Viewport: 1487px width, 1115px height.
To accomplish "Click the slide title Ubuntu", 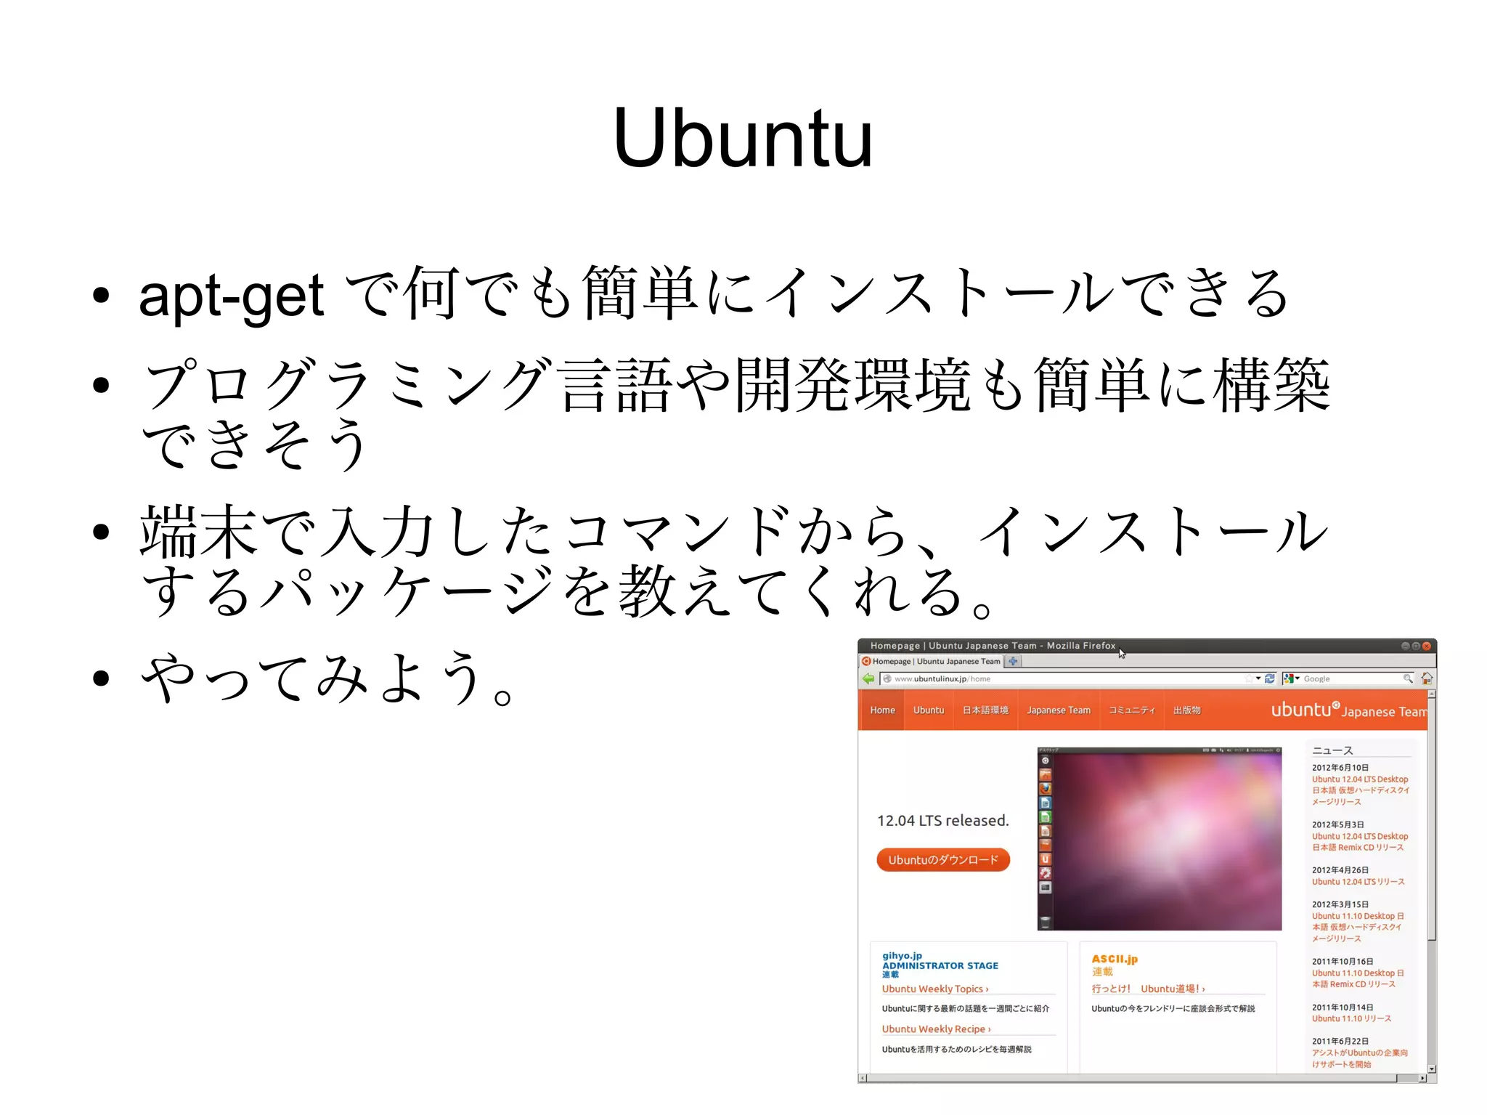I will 742,138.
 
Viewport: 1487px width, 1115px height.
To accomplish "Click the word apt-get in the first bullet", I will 231,296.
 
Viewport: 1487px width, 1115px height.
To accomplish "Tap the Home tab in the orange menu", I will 882,710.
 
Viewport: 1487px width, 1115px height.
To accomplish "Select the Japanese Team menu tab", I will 1058,710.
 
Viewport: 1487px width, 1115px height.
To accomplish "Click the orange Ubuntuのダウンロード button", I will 943,860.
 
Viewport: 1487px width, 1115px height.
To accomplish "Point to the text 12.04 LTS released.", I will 942,821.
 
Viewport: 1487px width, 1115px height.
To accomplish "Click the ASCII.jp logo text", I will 1115,959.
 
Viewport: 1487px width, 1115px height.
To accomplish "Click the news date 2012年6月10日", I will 1340,768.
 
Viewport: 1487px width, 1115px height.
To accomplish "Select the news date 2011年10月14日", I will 1342,1007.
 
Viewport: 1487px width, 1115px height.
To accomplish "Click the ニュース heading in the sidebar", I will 1332,750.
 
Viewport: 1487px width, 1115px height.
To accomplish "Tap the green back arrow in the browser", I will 868,678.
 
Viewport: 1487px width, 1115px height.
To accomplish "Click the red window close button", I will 1426,646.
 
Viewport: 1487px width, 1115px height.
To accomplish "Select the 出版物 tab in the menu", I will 1186,710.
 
